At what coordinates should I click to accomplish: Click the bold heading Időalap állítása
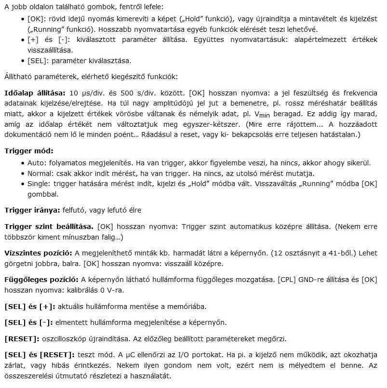(x=34, y=93)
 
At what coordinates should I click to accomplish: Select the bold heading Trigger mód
(x=28, y=151)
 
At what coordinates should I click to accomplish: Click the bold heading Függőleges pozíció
(x=41, y=279)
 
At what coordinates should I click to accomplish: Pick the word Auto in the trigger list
(x=36, y=163)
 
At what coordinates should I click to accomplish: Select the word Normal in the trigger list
(x=40, y=174)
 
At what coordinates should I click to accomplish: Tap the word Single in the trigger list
(x=38, y=184)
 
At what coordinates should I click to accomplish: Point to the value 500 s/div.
(x=137, y=93)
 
